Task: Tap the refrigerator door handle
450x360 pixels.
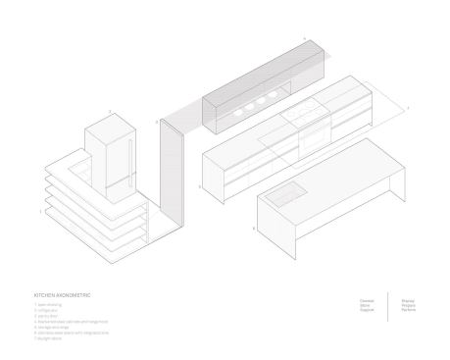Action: [127, 154]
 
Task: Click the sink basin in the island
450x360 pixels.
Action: [285, 194]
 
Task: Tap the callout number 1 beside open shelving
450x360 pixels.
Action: [39, 210]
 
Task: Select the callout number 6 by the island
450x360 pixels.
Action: [253, 228]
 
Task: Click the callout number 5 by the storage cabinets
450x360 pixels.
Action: [199, 184]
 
